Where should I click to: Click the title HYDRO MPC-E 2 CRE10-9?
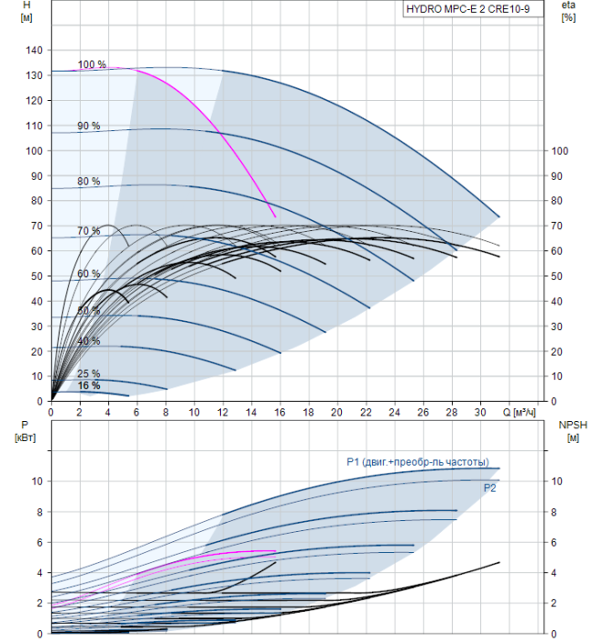tap(474, 10)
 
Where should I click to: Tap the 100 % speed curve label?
tap(92, 65)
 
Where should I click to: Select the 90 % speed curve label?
tap(89, 126)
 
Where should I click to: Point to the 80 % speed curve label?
tap(89, 182)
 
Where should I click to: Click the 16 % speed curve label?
tap(89, 386)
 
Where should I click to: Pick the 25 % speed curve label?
tap(89, 374)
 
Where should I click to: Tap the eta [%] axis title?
tap(568, 12)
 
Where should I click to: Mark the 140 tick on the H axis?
tap(35, 50)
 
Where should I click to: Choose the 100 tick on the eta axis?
tap(561, 151)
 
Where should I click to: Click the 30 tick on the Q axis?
tap(480, 414)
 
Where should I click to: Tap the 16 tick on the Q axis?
tap(280, 414)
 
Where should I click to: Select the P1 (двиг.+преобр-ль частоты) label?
tap(417, 461)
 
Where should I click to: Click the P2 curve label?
tap(490, 489)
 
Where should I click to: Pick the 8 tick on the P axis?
tap(38, 512)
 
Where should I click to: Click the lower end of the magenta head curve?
tap(275, 216)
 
